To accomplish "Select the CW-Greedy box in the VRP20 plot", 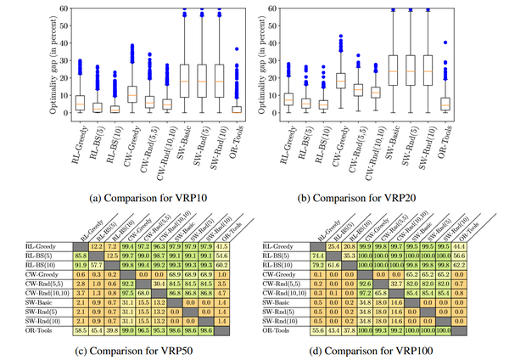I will tap(341, 81).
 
